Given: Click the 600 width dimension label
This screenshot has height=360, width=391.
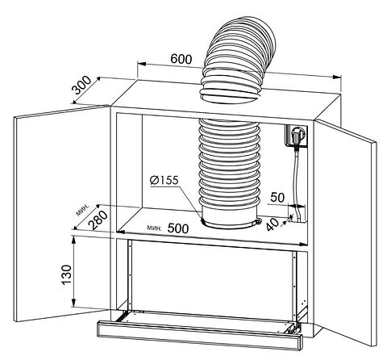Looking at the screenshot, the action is (181, 59).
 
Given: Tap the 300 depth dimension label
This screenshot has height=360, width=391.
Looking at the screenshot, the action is (83, 86).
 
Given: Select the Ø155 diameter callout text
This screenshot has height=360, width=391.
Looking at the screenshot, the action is (164, 180).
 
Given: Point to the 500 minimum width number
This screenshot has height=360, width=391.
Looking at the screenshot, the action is (178, 228).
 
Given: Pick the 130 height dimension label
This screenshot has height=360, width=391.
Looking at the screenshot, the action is (67, 274).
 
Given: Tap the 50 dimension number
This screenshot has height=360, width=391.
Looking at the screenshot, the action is (277, 197).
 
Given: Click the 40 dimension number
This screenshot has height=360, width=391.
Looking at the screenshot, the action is (272, 224).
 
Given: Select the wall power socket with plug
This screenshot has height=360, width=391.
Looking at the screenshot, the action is (296, 136).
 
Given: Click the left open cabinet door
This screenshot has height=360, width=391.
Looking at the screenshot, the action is (62, 213).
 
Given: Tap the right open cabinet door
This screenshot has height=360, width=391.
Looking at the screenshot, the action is (346, 232).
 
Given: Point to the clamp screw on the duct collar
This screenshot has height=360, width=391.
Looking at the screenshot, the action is (259, 221).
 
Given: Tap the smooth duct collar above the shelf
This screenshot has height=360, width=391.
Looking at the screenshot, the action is (230, 217).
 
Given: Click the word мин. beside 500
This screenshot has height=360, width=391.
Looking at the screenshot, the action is (154, 228).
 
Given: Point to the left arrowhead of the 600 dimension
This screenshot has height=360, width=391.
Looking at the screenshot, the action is (142, 65).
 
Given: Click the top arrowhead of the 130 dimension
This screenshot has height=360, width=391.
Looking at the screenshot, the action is (73, 240).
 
